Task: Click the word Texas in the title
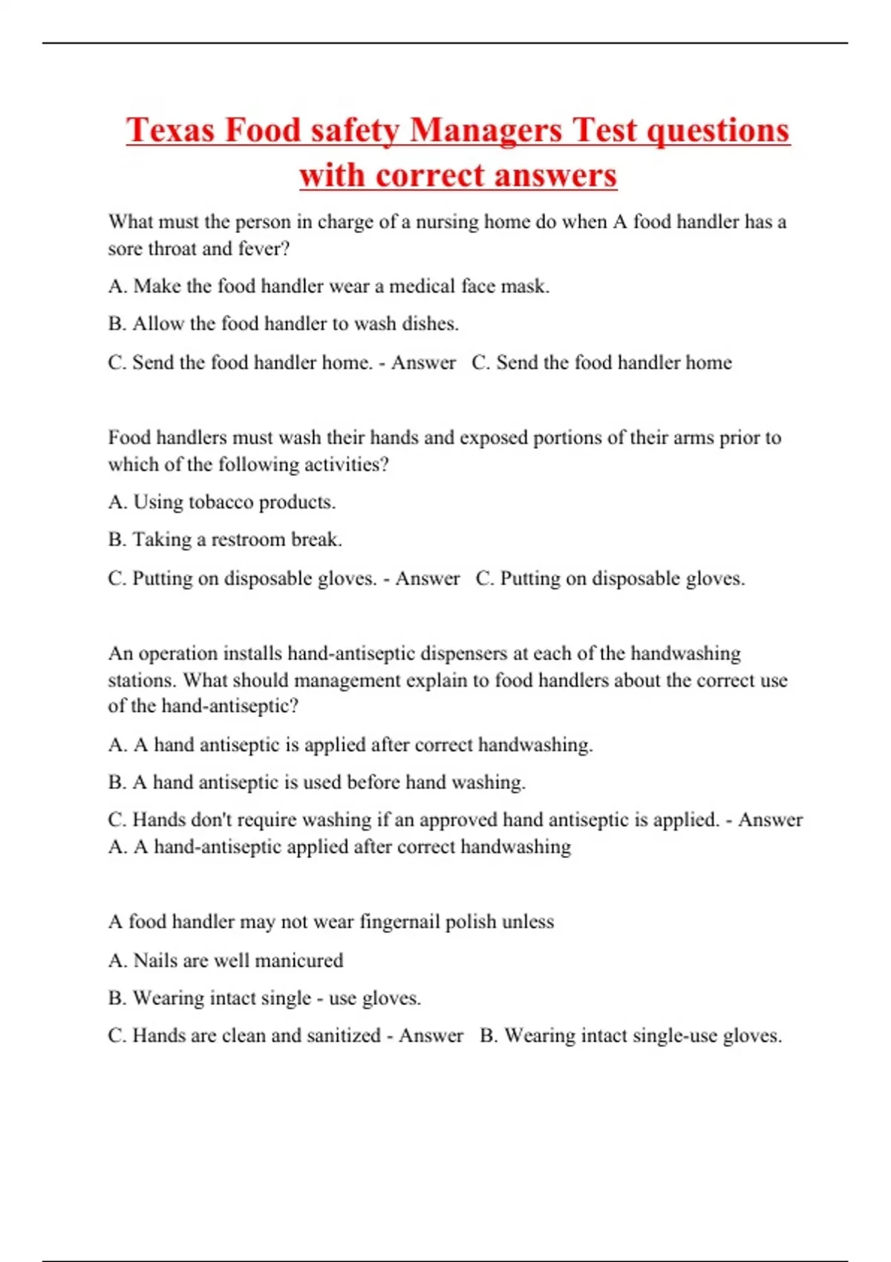coord(170,130)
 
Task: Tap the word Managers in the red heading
coord(486,130)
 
